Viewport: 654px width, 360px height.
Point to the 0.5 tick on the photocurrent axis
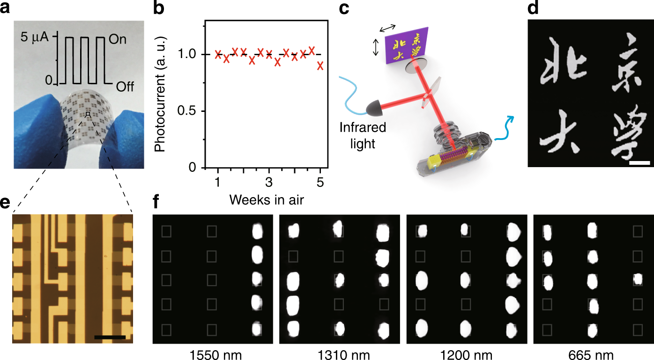point(186,111)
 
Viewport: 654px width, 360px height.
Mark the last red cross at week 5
point(320,66)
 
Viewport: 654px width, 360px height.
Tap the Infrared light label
point(363,135)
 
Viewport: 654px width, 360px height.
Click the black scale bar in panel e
point(110,337)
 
